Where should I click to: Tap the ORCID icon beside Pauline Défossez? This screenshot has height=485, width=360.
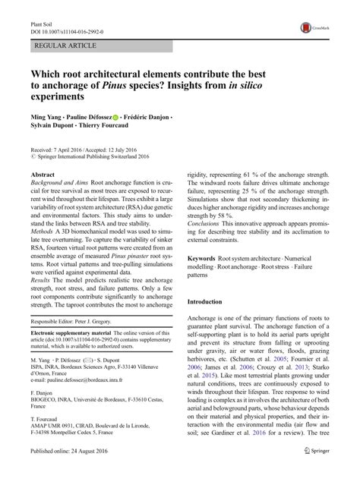coord(115,119)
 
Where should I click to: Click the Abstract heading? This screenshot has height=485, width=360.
coord(41,174)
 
